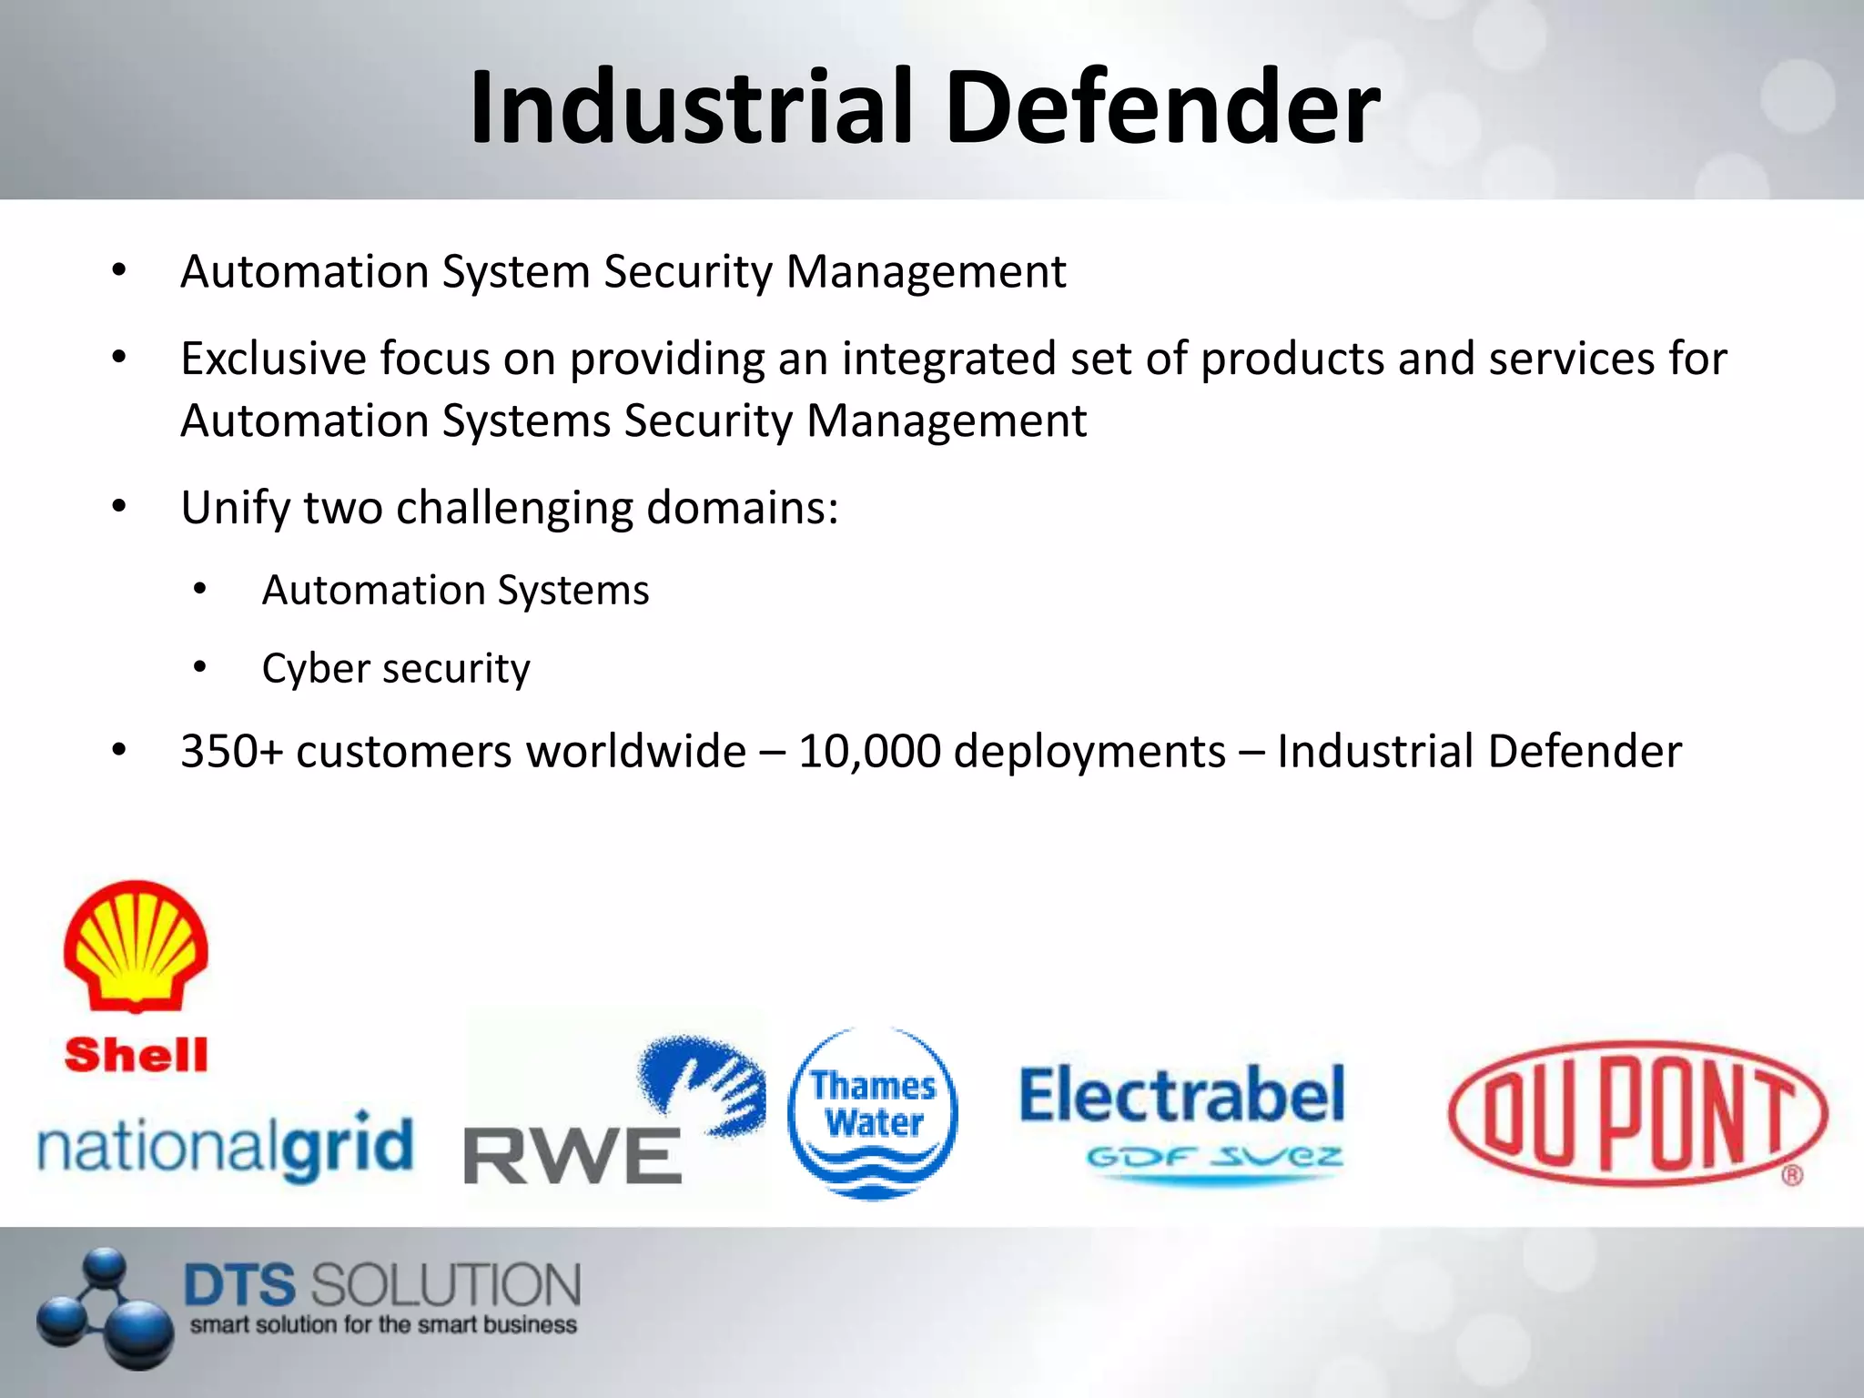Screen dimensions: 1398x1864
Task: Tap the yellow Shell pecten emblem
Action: click(x=136, y=945)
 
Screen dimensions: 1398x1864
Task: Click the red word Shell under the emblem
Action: click(x=136, y=1056)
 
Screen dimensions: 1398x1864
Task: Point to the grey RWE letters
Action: click(x=572, y=1156)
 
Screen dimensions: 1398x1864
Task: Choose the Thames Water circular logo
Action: click(x=873, y=1112)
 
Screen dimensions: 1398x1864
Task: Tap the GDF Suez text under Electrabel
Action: click(x=1214, y=1158)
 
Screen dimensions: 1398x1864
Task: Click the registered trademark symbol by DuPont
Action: click(x=1791, y=1175)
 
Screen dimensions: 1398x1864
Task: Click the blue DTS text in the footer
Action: click(x=240, y=1285)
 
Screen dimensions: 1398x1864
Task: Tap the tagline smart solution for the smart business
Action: click(x=383, y=1325)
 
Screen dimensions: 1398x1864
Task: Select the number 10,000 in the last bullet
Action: click(x=869, y=752)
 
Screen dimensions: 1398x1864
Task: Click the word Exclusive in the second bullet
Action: click(x=273, y=359)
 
